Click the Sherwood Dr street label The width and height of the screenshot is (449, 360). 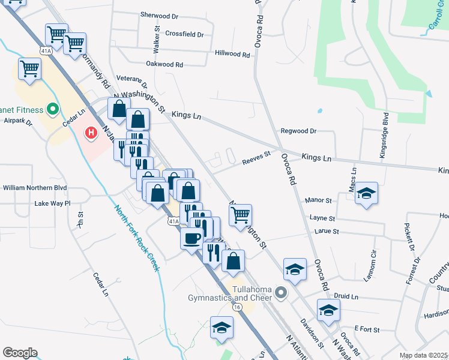tap(159, 15)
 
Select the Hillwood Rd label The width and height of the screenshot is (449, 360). tap(232, 54)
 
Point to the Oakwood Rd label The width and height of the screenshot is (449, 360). tap(164, 64)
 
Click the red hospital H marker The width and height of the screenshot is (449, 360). tap(91, 132)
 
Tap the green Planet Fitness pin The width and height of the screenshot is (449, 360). tap(52, 110)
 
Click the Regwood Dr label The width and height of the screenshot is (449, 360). tap(298, 131)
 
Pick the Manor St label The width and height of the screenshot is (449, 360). tap(319, 200)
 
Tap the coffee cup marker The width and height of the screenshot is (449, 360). tap(191, 239)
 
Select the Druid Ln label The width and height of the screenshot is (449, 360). tap(346, 296)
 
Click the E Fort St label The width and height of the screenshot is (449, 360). tap(367, 328)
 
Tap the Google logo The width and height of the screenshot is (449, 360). tap(20, 352)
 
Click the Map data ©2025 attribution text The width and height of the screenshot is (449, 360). tap(424, 355)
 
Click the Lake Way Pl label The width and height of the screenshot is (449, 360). tap(52, 203)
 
